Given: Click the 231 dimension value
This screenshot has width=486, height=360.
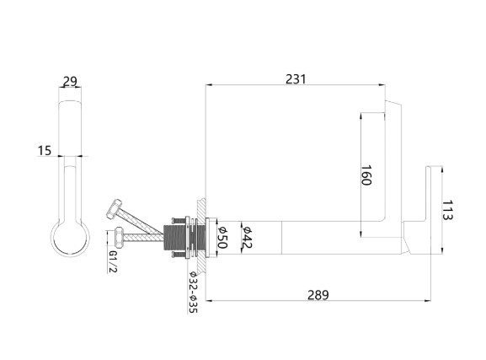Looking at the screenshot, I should pyautogui.click(x=296, y=79).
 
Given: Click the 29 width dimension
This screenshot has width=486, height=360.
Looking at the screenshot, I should pyautogui.click(x=70, y=82).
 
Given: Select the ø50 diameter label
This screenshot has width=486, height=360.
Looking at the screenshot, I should pyautogui.click(x=222, y=236).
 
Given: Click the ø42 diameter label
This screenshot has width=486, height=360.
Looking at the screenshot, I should pyautogui.click(x=248, y=236).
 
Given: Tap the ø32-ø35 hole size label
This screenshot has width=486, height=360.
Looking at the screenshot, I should pyautogui.click(x=193, y=292).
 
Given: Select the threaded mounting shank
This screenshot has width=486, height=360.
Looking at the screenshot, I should pyautogui.click(x=179, y=237).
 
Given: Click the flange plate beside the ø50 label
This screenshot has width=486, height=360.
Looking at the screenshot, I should pyautogui.click(x=210, y=237).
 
